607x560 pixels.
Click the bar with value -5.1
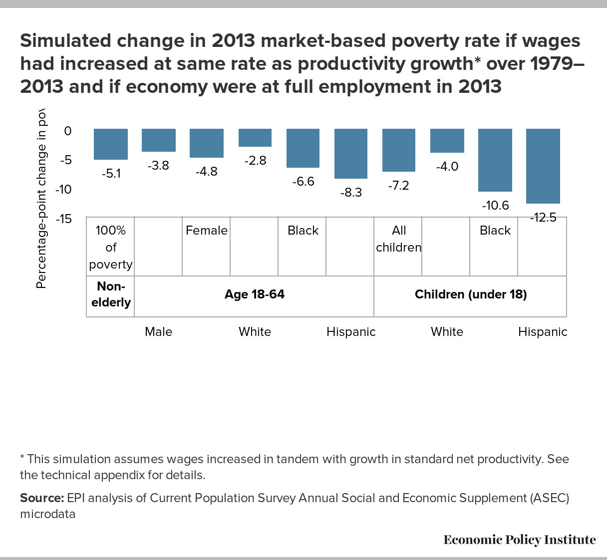pyautogui.click(x=111, y=144)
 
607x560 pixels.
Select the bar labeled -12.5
pyautogui.click(x=543, y=166)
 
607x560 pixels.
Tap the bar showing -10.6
pyautogui.click(x=495, y=160)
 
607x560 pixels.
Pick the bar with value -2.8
pyautogui.click(x=255, y=138)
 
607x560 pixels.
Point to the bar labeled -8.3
pyautogui.click(x=351, y=153)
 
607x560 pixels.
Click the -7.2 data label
pyautogui.click(x=398, y=186)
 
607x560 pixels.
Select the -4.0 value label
pyautogui.click(x=447, y=167)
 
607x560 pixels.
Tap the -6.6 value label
pyautogui.click(x=303, y=181)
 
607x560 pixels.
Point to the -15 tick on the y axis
pyautogui.click(x=63, y=219)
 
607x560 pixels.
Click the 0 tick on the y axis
pyautogui.click(x=67, y=131)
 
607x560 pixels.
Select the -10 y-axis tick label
pyautogui.click(x=63, y=190)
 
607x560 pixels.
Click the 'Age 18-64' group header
pyautogui.click(x=255, y=294)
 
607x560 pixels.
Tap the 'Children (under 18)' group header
pyautogui.click(x=471, y=294)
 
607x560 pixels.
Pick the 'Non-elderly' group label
pyautogui.click(x=111, y=294)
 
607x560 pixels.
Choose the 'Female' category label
pyautogui.click(x=207, y=231)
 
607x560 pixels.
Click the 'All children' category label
pyautogui.click(x=399, y=239)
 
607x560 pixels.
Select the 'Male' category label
pyautogui.click(x=159, y=332)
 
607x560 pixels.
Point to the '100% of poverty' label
pyautogui.click(x=111, y=247)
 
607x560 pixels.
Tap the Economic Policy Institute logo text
pyautogui.click(x=519, y=540)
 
